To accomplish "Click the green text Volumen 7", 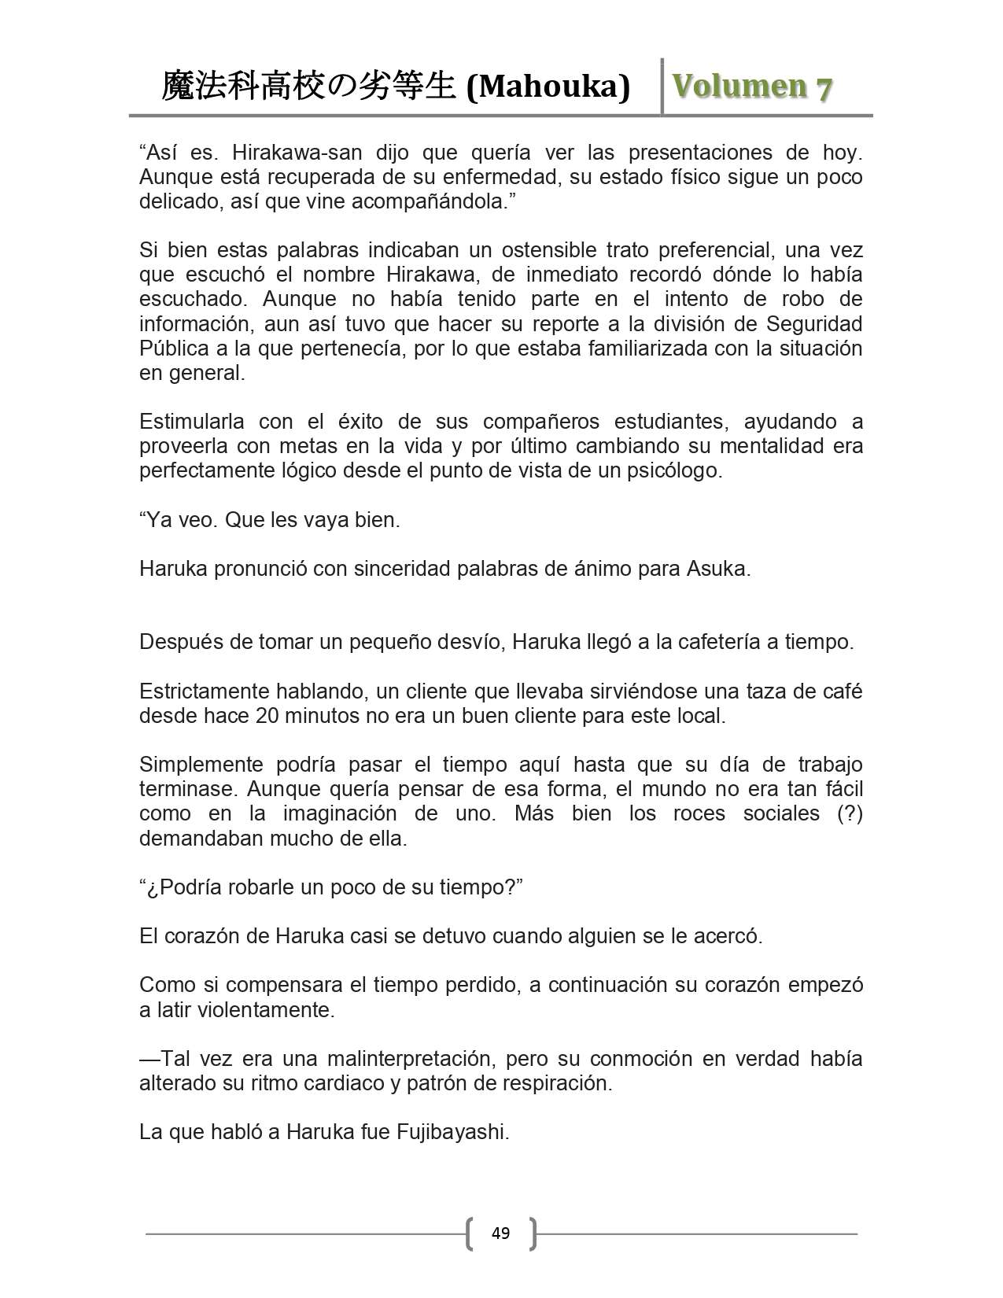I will pos(751,87).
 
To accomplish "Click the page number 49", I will pos(500,1233).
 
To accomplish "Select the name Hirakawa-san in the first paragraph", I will pos(297,152).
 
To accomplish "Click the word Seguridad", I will pos(814,324).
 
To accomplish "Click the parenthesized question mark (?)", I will pos(850,813).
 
